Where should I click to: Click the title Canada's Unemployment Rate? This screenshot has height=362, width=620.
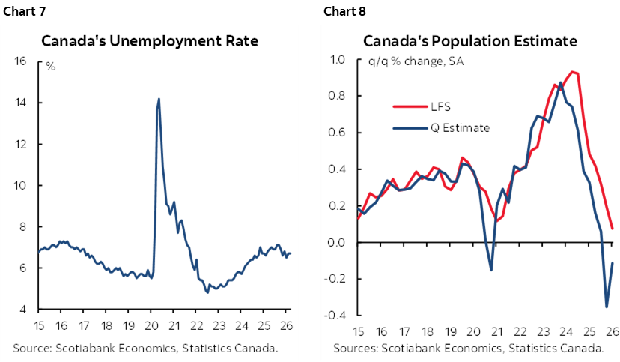coord(150,41)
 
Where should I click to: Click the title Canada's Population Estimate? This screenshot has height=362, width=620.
coord(470,41)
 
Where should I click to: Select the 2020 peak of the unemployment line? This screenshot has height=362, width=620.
coord(159,99)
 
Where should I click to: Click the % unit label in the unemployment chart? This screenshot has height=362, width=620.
coord(51,67)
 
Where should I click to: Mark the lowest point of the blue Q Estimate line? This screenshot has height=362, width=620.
coord(607,307)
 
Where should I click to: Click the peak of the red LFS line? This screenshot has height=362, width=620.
coord(573,72)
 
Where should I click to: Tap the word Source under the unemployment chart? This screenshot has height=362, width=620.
coord(31,347)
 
